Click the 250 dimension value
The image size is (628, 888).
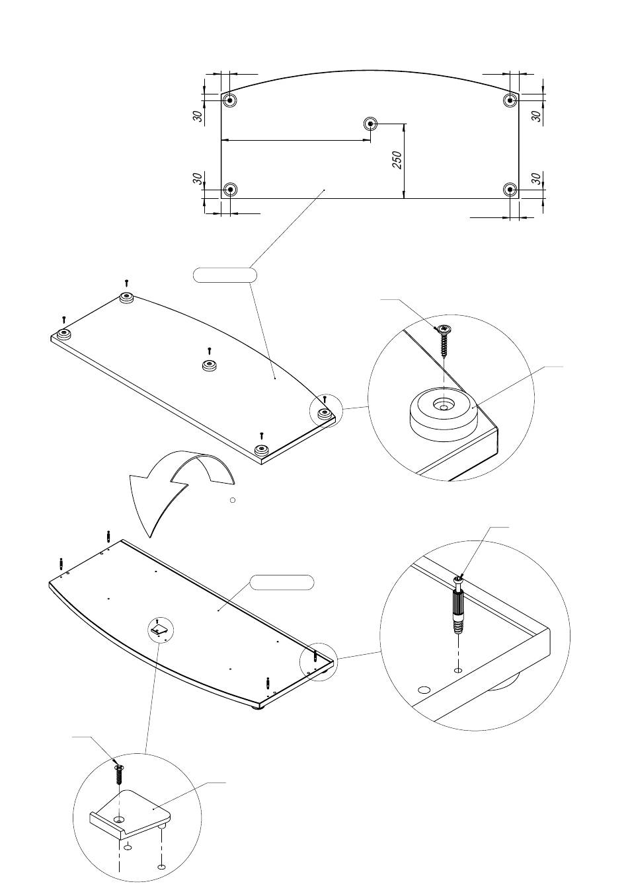click(398, 160)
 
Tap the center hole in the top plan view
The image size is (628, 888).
click(371, 124)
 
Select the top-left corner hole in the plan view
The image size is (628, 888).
click(229, 100)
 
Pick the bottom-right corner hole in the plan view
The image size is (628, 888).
click(510, 190)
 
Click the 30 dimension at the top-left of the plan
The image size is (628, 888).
click(198, 116)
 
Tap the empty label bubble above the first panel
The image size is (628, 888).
click(225, 275)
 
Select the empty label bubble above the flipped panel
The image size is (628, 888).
click(282, 582)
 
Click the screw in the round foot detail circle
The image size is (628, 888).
click(444, 342)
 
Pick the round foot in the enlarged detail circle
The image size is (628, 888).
click(444, 416)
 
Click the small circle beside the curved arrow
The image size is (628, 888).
click(233, 500)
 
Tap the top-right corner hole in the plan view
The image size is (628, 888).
click(510, 100)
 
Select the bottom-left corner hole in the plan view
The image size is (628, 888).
click(230, 190)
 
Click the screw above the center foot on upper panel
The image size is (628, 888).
click(210, 351)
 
